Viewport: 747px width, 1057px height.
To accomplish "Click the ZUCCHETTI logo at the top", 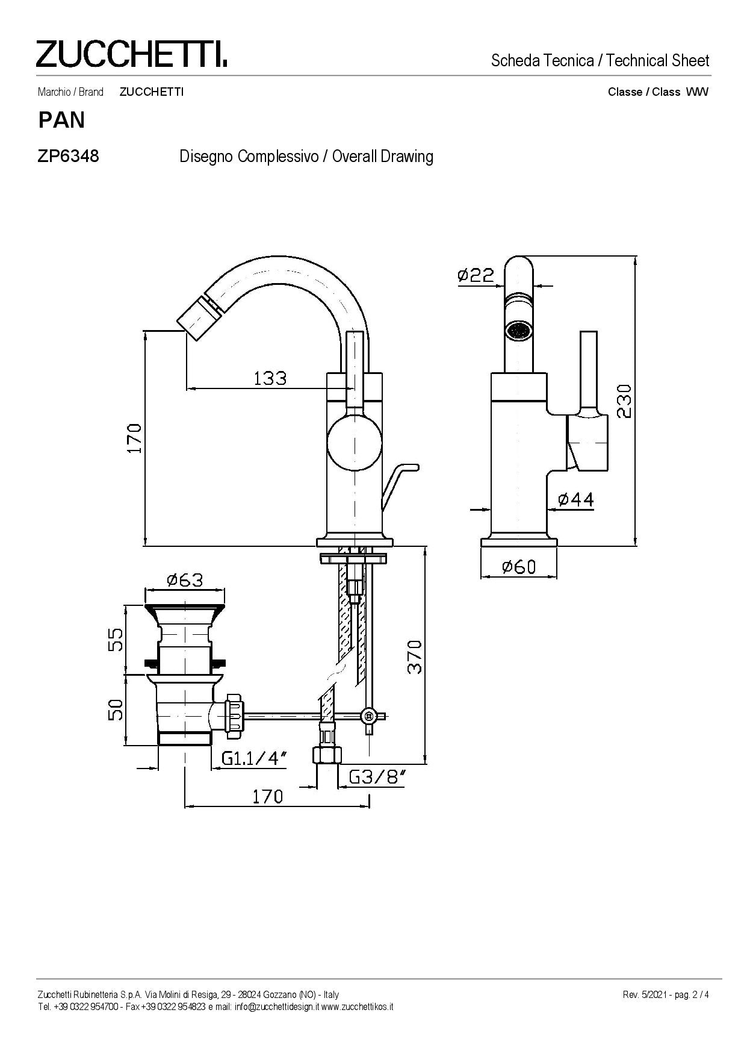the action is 131,54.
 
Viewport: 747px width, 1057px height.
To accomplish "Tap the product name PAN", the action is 61,120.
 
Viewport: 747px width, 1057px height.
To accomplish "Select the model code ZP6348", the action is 68,157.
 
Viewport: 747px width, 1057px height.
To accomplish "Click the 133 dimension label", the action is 270,378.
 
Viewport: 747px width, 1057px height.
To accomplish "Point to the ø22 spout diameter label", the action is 476,275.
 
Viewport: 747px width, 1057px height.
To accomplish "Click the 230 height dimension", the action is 624,401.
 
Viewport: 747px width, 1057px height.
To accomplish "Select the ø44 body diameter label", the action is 576,499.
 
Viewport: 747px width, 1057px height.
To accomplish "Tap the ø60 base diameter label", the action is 518,566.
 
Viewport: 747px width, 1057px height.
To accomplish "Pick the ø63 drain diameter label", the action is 185,579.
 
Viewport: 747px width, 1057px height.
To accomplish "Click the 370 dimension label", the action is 415,656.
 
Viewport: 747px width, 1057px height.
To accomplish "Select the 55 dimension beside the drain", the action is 116,640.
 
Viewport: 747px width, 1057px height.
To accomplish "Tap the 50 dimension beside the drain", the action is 116,709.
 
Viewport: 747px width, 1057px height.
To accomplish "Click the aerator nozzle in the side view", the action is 518,329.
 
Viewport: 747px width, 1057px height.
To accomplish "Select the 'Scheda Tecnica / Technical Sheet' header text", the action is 600,60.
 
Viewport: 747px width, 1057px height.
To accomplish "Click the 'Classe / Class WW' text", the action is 658,92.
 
